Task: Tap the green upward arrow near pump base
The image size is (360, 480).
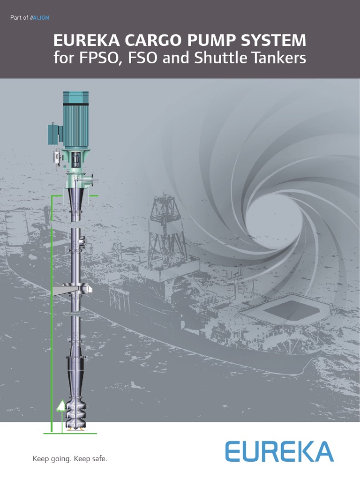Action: point(60,405)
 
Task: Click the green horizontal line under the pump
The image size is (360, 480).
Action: point(70,434)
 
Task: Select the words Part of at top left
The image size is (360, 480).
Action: point(19,18)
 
